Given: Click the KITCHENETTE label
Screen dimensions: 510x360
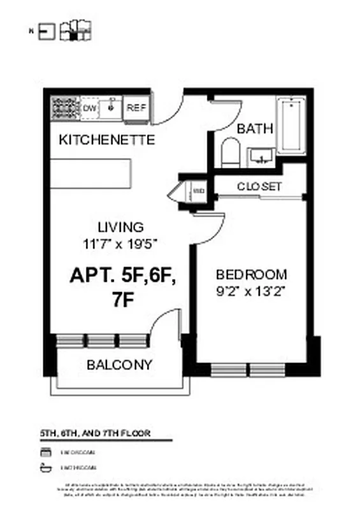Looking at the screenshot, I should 106,140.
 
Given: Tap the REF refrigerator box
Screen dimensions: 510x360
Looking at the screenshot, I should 136,108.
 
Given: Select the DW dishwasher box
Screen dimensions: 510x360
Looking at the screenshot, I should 89,108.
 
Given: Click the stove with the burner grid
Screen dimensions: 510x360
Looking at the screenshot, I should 64,108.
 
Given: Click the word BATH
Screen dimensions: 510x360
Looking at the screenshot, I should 255,128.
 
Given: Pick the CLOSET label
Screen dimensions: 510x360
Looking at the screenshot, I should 259,187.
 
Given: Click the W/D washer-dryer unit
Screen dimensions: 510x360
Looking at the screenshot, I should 198,190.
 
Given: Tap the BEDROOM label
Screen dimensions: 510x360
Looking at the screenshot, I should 251,275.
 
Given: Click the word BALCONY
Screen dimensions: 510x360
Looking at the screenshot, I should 120,365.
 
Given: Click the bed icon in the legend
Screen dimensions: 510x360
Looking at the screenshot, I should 45,452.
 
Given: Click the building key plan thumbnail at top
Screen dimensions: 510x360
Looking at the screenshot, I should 75,30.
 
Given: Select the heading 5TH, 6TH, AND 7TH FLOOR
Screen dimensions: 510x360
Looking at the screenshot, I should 95,433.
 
